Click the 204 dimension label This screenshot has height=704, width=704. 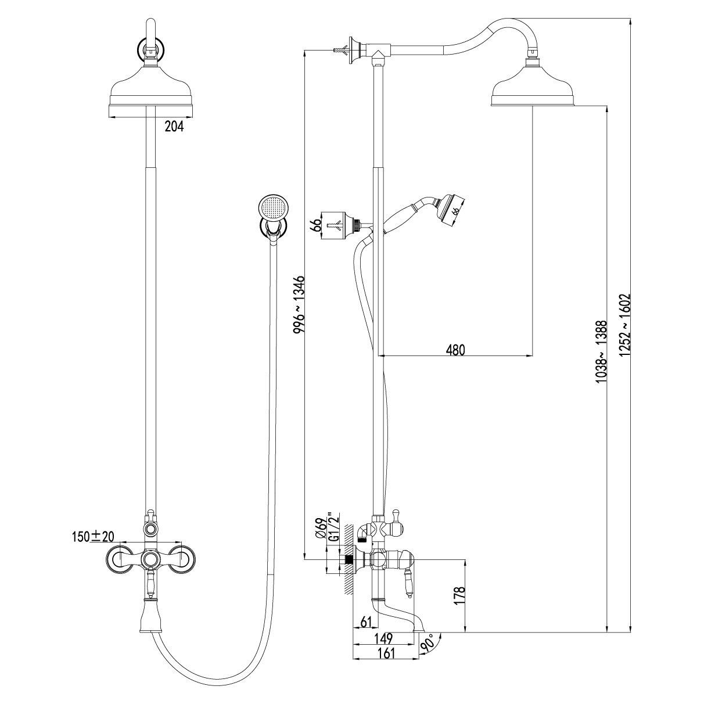pyautogui.click(x=174, y=127)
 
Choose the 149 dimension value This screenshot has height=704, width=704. pyautogui.click(x=382, y=638)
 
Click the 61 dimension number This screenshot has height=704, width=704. pyautogui.click(x=367, y=622)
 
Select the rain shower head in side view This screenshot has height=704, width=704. pyautogui.click(x=533, y=92)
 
